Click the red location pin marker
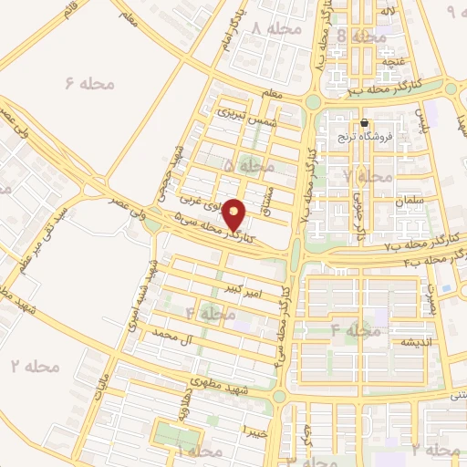(x=235, y=214)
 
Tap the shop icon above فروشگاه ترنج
(x=364, y=123)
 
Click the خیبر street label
(x=253, y=428)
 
